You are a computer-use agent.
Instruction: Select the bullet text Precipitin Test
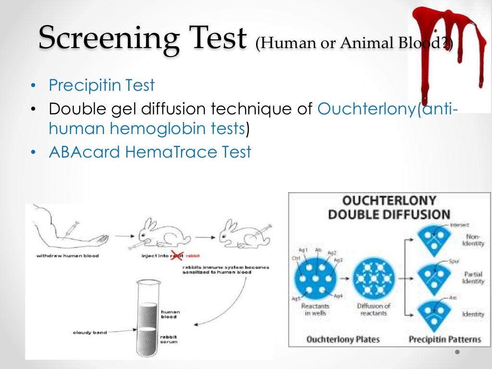click(101, 86)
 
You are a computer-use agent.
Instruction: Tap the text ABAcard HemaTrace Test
click(149, 152)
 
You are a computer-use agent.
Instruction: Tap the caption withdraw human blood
click(68, 256)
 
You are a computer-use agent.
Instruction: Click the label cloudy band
click(89, 332)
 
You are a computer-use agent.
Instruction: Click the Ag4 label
click(338, 295)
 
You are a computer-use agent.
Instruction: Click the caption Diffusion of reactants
click(373, 309)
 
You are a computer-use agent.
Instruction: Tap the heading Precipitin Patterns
click(444, 339)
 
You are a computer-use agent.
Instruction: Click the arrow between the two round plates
click(344, 278)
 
